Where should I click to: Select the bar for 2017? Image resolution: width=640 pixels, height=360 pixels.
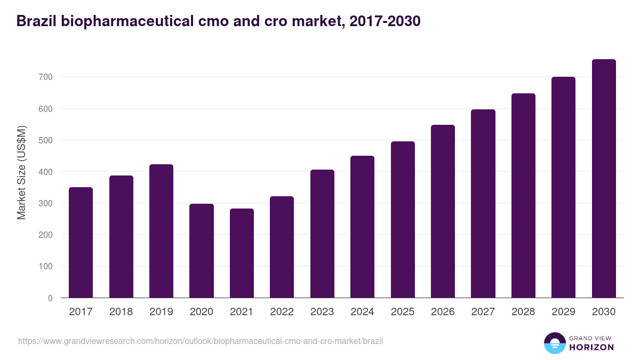[x=81, y=243]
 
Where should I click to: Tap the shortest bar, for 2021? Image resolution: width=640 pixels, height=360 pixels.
[x=242, y=253]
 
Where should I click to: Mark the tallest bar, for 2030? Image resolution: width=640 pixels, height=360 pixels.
[x=604, y=179]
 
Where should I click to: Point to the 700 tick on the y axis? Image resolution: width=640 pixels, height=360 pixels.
[x=46, y=77]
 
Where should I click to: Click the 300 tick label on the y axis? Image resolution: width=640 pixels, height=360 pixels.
[x=46, y=204]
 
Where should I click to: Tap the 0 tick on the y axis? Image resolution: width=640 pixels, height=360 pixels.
[x=50, y=298]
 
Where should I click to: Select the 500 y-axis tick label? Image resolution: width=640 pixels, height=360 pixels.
[x=46, y=140]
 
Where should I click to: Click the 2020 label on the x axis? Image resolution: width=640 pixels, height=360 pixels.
[x=201, y=312]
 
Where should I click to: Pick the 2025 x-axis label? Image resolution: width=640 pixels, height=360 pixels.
[x=403, y=312]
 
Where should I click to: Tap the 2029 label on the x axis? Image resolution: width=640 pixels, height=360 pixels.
[x=563, y=312]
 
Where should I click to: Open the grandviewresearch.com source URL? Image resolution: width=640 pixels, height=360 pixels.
[x=201, y=341]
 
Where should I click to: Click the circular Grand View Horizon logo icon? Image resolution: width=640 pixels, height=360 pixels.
[x=555, y=343]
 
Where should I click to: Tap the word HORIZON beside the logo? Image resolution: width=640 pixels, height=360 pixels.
[x=591, y=347]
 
